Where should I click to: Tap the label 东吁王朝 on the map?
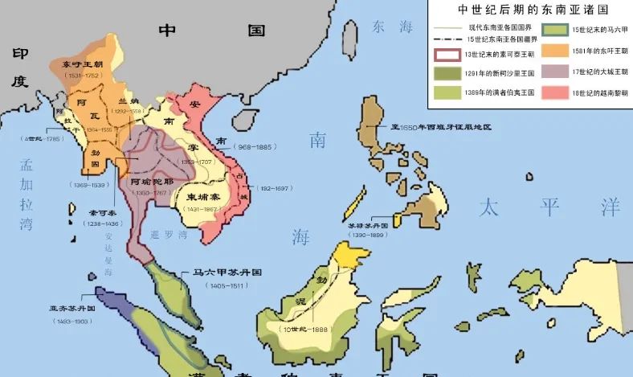(x=78, y=66)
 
